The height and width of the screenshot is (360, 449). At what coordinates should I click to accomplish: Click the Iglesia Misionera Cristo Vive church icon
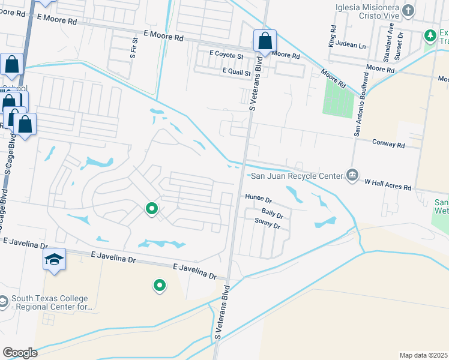coord(408,10)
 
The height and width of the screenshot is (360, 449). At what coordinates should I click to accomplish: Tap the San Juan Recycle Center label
coord(296,175)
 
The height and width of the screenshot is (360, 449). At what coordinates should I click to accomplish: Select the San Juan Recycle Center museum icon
coord(352,175)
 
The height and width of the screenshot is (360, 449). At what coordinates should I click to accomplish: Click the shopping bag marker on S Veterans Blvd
coord(265,41)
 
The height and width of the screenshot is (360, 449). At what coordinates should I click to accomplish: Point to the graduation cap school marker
coord(54,260)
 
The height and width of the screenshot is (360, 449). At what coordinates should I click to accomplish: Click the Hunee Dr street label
coord(259,197)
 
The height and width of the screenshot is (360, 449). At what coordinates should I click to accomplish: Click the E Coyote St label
coord(226,55)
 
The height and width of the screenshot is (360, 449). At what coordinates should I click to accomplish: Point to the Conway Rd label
coord(388,145)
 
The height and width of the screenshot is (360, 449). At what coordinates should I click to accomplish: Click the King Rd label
coord(332,37)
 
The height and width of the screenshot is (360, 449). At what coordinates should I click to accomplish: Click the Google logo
coord(20,353)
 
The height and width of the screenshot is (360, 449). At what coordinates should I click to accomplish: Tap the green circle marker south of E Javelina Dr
coord(159,286)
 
